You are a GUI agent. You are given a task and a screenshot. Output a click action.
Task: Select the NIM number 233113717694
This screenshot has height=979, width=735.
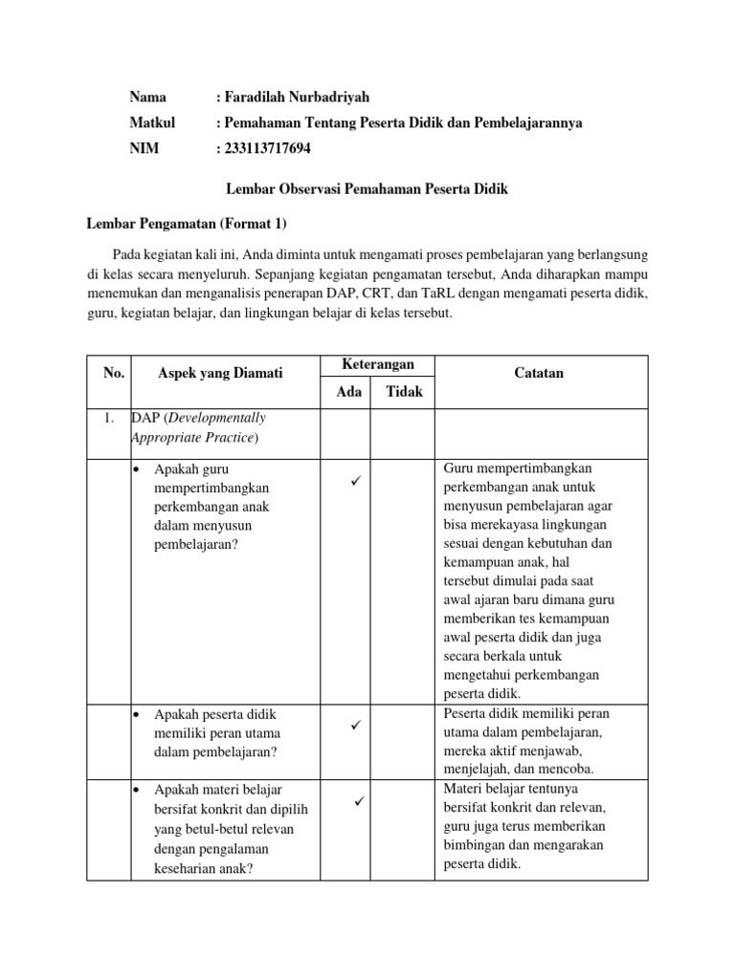pyautogui.click(x=268, y=149)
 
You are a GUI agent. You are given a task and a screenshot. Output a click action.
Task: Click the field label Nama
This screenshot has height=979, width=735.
pyautogui.click(x=148, y=98)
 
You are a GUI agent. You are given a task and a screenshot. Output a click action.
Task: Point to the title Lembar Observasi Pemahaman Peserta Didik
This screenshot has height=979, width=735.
pyautogui.click(x=367, y=190)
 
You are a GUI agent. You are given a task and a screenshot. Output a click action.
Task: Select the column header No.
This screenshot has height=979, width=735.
pyautogui.click(x=113, y=374)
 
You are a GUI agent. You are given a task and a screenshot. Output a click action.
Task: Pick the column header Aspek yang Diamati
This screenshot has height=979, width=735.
pyautogui.click(x=220, y=374)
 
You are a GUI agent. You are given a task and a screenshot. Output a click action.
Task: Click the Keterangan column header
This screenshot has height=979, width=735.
pyautogui.click(x=377, y=365)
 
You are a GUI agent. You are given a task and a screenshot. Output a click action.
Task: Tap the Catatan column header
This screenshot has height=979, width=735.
pyautogui.click(x=541, y=374)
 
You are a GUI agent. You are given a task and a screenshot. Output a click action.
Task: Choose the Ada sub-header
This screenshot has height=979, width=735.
pyautogui.click(x=348, y=392)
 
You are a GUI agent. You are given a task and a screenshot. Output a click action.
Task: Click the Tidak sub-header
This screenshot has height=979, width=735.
pyautogui.click(x=404, y=392)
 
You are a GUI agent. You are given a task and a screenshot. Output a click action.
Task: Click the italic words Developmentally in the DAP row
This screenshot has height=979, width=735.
pyautogui.click(x=213, y=418)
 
